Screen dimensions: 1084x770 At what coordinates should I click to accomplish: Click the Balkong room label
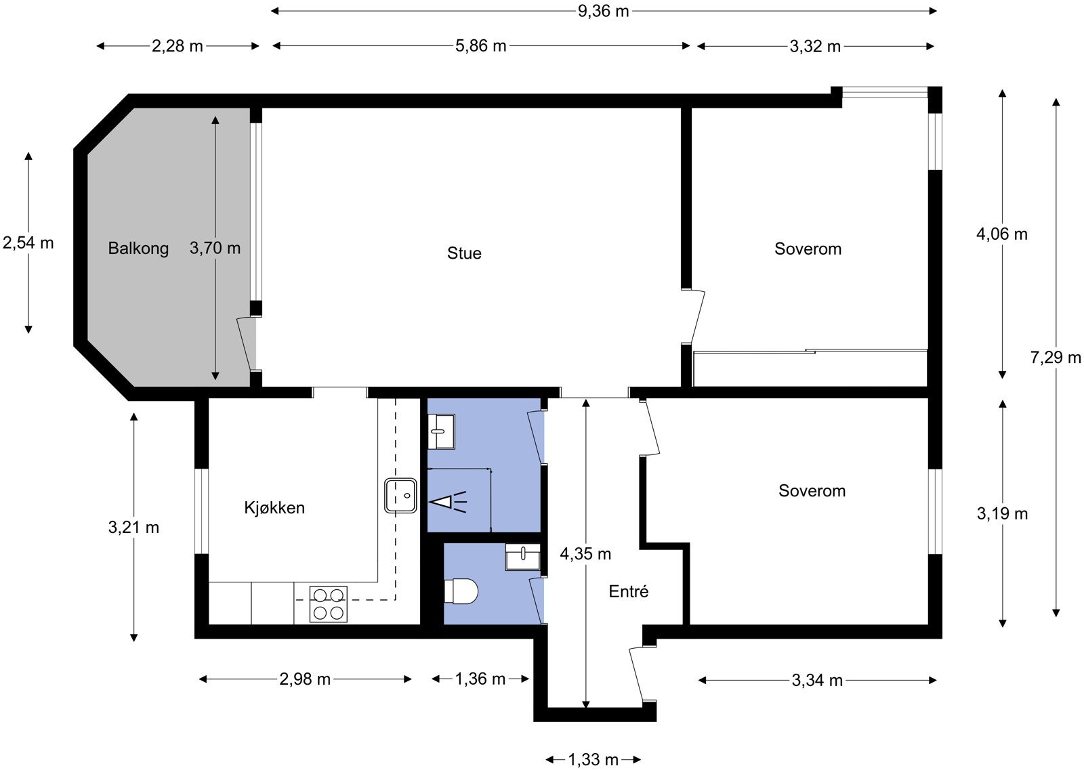(138, 249)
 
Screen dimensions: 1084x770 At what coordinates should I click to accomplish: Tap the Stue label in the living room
(464, 253)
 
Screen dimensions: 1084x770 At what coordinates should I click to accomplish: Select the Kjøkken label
(274, 508)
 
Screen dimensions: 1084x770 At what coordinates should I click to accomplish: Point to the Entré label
(628, 591)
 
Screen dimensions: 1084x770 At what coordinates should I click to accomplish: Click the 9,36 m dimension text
(603, 11)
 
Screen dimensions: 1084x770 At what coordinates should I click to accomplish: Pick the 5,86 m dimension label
(480, 46)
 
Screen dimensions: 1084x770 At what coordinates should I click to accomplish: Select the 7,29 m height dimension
(1056, 358)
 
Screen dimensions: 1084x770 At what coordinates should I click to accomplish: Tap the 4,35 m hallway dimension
(585, 554)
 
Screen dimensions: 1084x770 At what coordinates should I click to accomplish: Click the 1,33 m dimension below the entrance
(593, 760)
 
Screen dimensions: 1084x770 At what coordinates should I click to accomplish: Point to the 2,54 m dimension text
(28, 243)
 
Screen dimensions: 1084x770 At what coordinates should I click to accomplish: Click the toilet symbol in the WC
(461, 591)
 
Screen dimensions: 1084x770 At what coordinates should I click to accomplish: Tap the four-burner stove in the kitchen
(328, 604)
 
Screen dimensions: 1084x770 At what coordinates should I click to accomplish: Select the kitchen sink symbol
(400, 495)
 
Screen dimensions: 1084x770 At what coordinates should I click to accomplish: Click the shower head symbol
(448, 502)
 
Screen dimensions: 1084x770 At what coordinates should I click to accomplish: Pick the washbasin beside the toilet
(522, 557)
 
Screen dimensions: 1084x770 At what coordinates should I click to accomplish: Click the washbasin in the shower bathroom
(441, 431)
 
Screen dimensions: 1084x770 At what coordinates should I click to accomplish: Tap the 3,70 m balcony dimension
(215, 248)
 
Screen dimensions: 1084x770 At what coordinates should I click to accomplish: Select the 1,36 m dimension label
(480, 679)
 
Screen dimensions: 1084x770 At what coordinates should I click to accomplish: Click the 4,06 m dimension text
(1002, 234)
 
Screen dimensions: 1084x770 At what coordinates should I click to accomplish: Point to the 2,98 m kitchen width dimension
(305, 679)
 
